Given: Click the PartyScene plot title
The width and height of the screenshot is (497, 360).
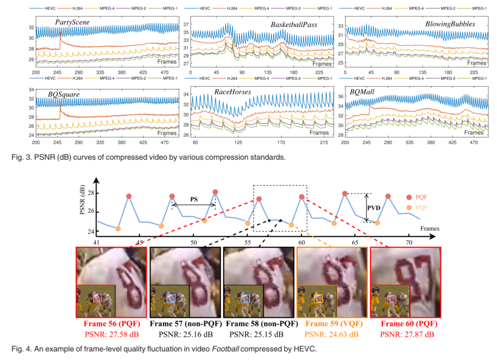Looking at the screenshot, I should tap(72, 23).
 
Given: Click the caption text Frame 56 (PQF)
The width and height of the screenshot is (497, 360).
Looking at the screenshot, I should tap(112, 324).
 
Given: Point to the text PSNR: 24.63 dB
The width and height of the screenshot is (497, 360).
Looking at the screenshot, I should tap(332, 334).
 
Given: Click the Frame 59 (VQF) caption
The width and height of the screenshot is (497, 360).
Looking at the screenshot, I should tap(332, 324).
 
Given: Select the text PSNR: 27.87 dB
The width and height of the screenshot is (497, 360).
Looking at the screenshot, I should tap(407, 334).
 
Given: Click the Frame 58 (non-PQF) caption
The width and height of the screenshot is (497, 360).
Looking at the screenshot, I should tap(259, 324).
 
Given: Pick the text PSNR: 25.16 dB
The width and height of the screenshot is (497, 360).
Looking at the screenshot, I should tap(185, 334).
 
